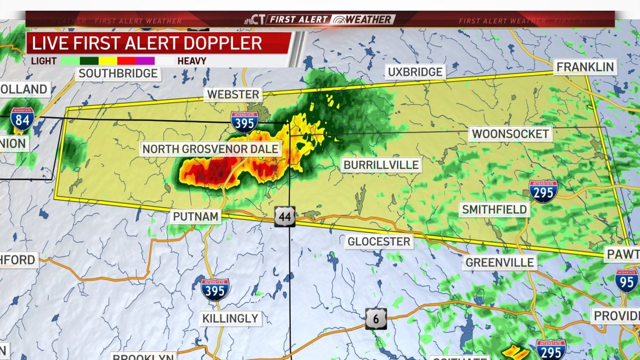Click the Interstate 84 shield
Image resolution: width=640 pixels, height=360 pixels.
(x=22, y=119)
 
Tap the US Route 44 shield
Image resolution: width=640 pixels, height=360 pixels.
(x=285, y=217)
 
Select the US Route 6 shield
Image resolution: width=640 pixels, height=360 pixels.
(x=376, y=318)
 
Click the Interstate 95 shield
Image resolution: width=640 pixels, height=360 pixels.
(x=626, y=281)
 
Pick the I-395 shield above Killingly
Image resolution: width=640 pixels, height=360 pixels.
(x=215, y=289)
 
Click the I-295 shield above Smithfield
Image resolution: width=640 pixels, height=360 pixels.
(x=543, y=191)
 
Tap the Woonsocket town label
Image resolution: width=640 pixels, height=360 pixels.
(x=510, y=134)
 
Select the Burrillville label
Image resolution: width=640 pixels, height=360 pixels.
(x=381, y=165)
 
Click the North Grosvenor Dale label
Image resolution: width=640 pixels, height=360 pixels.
(x=211, y=148)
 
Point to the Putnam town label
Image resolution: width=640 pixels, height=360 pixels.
(x=195, y=217)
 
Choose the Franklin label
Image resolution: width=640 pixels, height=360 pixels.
(x=585, y=67)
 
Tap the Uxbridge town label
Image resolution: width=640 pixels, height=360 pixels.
(x=415, y=71)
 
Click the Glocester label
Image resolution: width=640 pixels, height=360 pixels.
(x=379, y=242)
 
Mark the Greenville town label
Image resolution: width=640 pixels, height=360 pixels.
(x=500, y=262)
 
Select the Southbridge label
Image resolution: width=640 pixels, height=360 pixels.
(x=118, y=74)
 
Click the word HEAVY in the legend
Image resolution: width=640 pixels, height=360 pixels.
(x=191, y=61)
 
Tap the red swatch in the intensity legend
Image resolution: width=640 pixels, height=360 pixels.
(x=126, y=61)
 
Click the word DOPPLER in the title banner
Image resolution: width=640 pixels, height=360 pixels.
(x=222, y=43)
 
